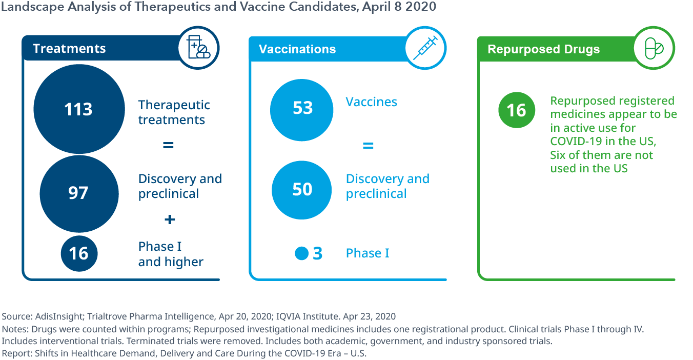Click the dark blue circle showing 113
point(79,109)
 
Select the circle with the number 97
point(79,194)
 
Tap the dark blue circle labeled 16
point(79,253)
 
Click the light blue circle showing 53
point(301,110)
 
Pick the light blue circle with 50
point(301,190)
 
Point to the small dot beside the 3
point(301,253)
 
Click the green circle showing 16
point(517,110)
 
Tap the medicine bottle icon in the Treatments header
point(198,47)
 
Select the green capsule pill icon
point(654,48)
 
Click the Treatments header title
point(69,49)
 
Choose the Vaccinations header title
point(297,49)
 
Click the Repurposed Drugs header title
point(543,49)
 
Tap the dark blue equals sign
point(168,145)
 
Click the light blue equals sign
point(368,146)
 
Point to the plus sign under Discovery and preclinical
point(170,219)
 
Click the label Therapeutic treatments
point(174,112)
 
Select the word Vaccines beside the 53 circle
point(371,102)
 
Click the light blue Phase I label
point(368,253)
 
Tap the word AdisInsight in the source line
point(59,316)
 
